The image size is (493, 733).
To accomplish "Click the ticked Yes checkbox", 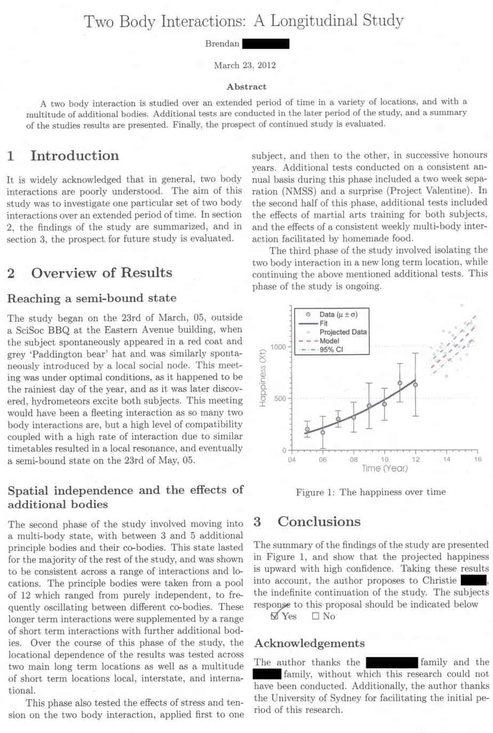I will [x=275, y=616].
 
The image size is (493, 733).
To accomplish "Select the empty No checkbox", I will [x=316, y=616].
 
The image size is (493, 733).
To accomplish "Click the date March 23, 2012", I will [x=245, y=65].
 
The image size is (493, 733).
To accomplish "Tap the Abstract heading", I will [x=246, y=86].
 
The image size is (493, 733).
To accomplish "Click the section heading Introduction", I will [x=75, y=156].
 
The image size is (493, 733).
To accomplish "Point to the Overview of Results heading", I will [x=101, y=273].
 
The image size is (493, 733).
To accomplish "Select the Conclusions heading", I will [x=319, y=522].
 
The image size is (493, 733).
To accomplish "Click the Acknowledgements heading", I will [x=309, y=643].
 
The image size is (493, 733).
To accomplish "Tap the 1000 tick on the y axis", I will [x=279, y=347].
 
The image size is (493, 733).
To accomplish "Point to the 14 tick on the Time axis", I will [x=447, y=459].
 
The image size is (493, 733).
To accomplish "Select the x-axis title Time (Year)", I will [x=384, y=468].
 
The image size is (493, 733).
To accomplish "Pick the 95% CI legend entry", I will [x=331, y=350].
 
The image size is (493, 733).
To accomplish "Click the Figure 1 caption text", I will [x=370, y=492].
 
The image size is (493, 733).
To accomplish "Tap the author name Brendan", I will [x=222, y=44].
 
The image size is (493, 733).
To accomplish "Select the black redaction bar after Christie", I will [x=473, y=580].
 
